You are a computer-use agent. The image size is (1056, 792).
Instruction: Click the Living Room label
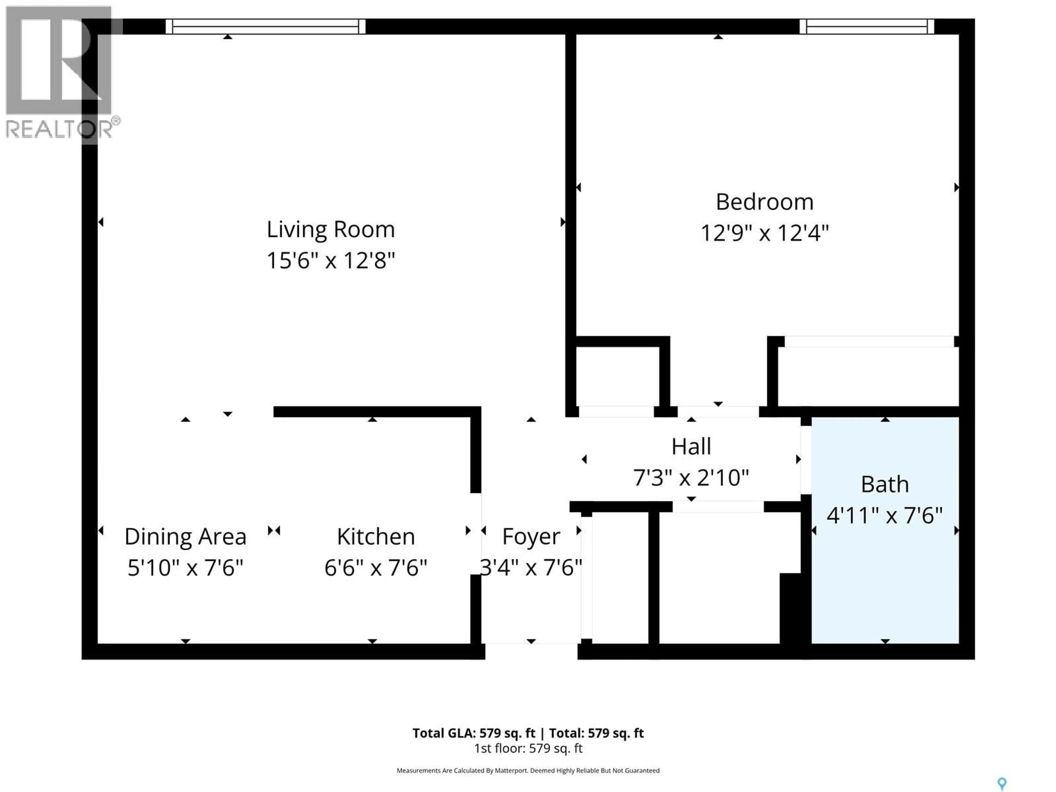pos(330,230)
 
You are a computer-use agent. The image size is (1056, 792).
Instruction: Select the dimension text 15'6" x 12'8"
pos(330,261)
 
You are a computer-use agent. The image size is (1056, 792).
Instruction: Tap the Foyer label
pos(531,537)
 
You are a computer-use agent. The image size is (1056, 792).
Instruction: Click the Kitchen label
pos(376,537)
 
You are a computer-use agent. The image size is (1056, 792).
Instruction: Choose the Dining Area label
pos(185,537)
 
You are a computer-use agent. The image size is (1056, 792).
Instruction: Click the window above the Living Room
pos(265,26)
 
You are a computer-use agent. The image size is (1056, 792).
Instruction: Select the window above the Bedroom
pos(867,26)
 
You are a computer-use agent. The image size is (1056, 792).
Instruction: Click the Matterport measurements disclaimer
pos(528,771)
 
